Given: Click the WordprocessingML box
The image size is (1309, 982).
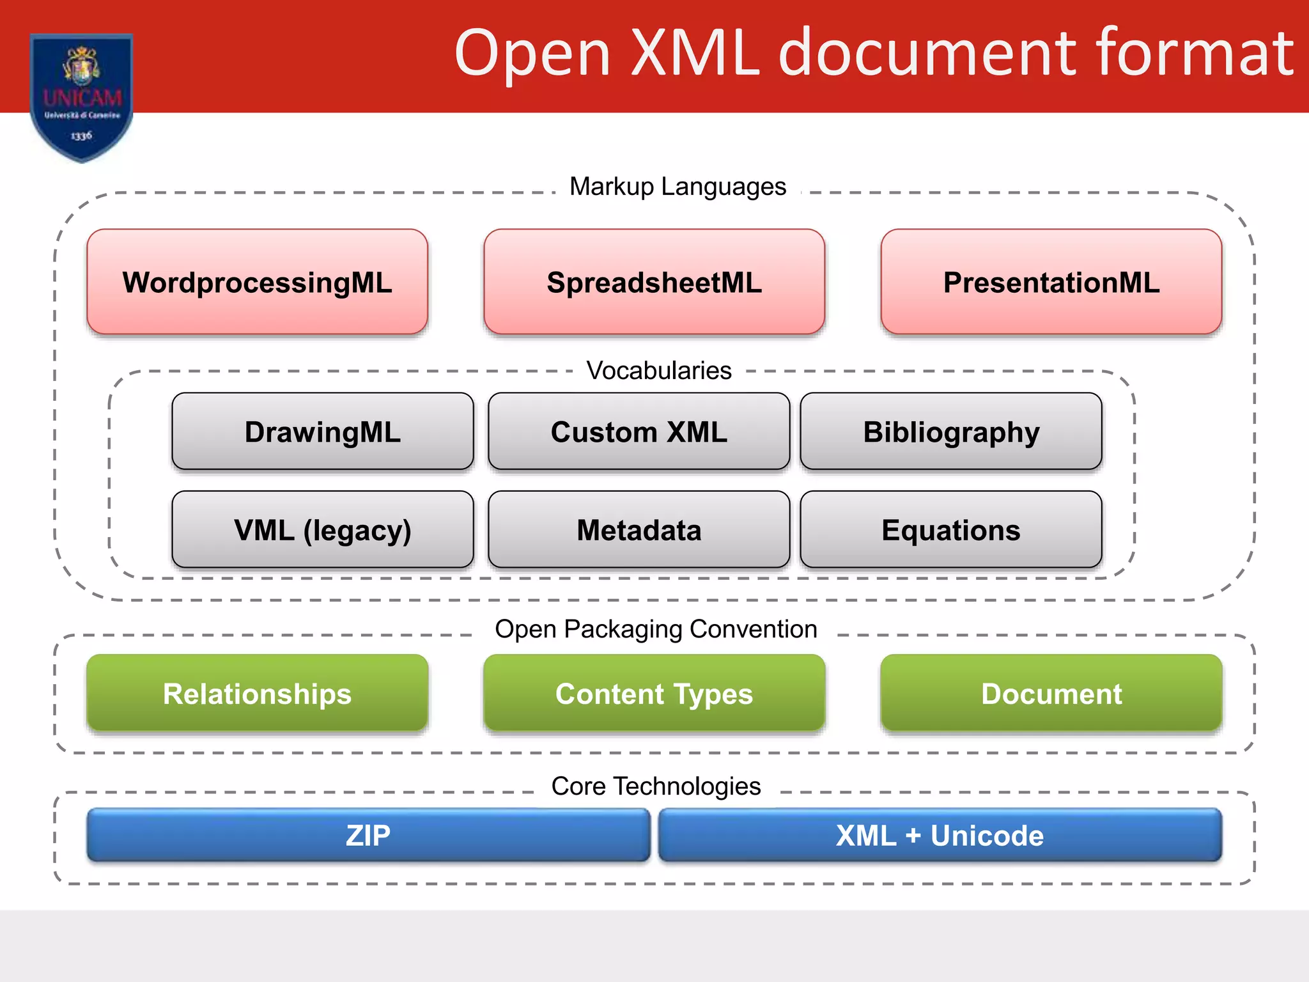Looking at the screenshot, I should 257,282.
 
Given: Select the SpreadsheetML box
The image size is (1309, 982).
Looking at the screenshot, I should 654,282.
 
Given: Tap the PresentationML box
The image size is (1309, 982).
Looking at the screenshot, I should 1051,282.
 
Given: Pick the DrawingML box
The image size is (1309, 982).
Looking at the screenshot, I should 322,432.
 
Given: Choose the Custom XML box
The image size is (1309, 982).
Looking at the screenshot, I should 639,432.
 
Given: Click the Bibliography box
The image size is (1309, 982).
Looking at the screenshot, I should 950,432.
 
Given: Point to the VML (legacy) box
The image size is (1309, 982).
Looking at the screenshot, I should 322,529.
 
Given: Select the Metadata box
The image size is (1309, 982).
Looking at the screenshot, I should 639,529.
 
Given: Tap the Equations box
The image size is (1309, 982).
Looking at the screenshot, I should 950,529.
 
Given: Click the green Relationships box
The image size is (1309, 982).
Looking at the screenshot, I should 257,693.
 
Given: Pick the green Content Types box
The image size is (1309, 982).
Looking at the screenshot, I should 654,693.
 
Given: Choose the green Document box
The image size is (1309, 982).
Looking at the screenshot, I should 1051,693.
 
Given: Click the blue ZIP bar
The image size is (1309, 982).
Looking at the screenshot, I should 368,835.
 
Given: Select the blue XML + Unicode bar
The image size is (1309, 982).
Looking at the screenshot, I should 940,835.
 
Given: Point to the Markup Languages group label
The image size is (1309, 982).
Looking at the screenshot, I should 678,187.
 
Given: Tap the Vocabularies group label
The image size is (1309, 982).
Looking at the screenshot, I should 659,371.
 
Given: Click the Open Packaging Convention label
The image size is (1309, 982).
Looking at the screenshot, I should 656,629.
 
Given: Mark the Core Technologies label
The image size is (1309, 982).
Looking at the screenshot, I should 656,786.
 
